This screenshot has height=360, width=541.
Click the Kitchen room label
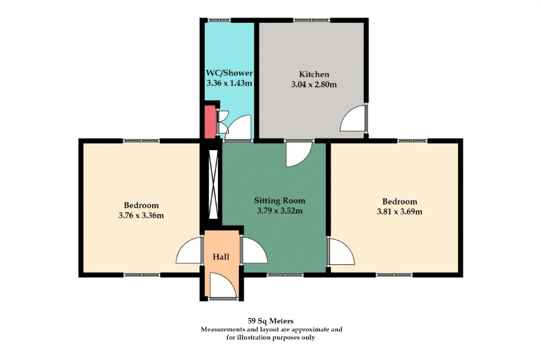click(314, 74)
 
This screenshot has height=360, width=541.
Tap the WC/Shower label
click(229, 73)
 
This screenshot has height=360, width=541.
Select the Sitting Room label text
click(279, 200)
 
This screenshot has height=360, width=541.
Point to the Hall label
click(221, 257)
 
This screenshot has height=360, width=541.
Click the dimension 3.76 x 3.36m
click(141, 215)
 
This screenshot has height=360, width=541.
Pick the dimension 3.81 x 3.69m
click(400, 212)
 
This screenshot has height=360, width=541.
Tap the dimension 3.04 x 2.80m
click(314, 85)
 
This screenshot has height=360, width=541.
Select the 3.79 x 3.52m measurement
click(280, 211)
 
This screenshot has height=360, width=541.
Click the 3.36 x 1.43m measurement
click(229, 83)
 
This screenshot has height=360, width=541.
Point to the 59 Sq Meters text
click(271, 321)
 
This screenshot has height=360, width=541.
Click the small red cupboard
click(210, 122)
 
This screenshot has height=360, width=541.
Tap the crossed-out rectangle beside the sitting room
click(213, 184)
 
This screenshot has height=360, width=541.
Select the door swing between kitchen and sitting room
click(299, 154)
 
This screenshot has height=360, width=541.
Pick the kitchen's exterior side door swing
click(353, 119)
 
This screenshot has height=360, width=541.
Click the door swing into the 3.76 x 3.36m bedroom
click(189, 250)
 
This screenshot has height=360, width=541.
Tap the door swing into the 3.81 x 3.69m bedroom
click(342, 252)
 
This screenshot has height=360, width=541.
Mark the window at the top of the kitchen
click(311, 21)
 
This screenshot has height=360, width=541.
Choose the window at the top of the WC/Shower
click(219, 21)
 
